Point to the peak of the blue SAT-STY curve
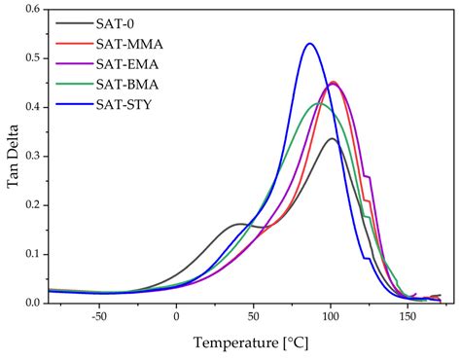309,44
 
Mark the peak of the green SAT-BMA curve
319,103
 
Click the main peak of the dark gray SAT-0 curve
332,138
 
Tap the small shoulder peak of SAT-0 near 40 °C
239,224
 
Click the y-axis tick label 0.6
32,10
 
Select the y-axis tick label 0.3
32,157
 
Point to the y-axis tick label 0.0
32,303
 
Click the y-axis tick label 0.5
32,58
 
